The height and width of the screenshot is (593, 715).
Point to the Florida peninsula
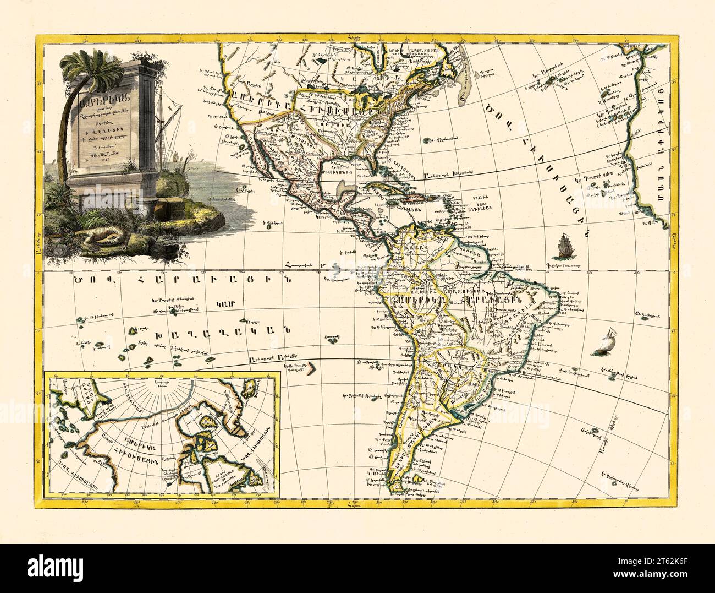(378, 167)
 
